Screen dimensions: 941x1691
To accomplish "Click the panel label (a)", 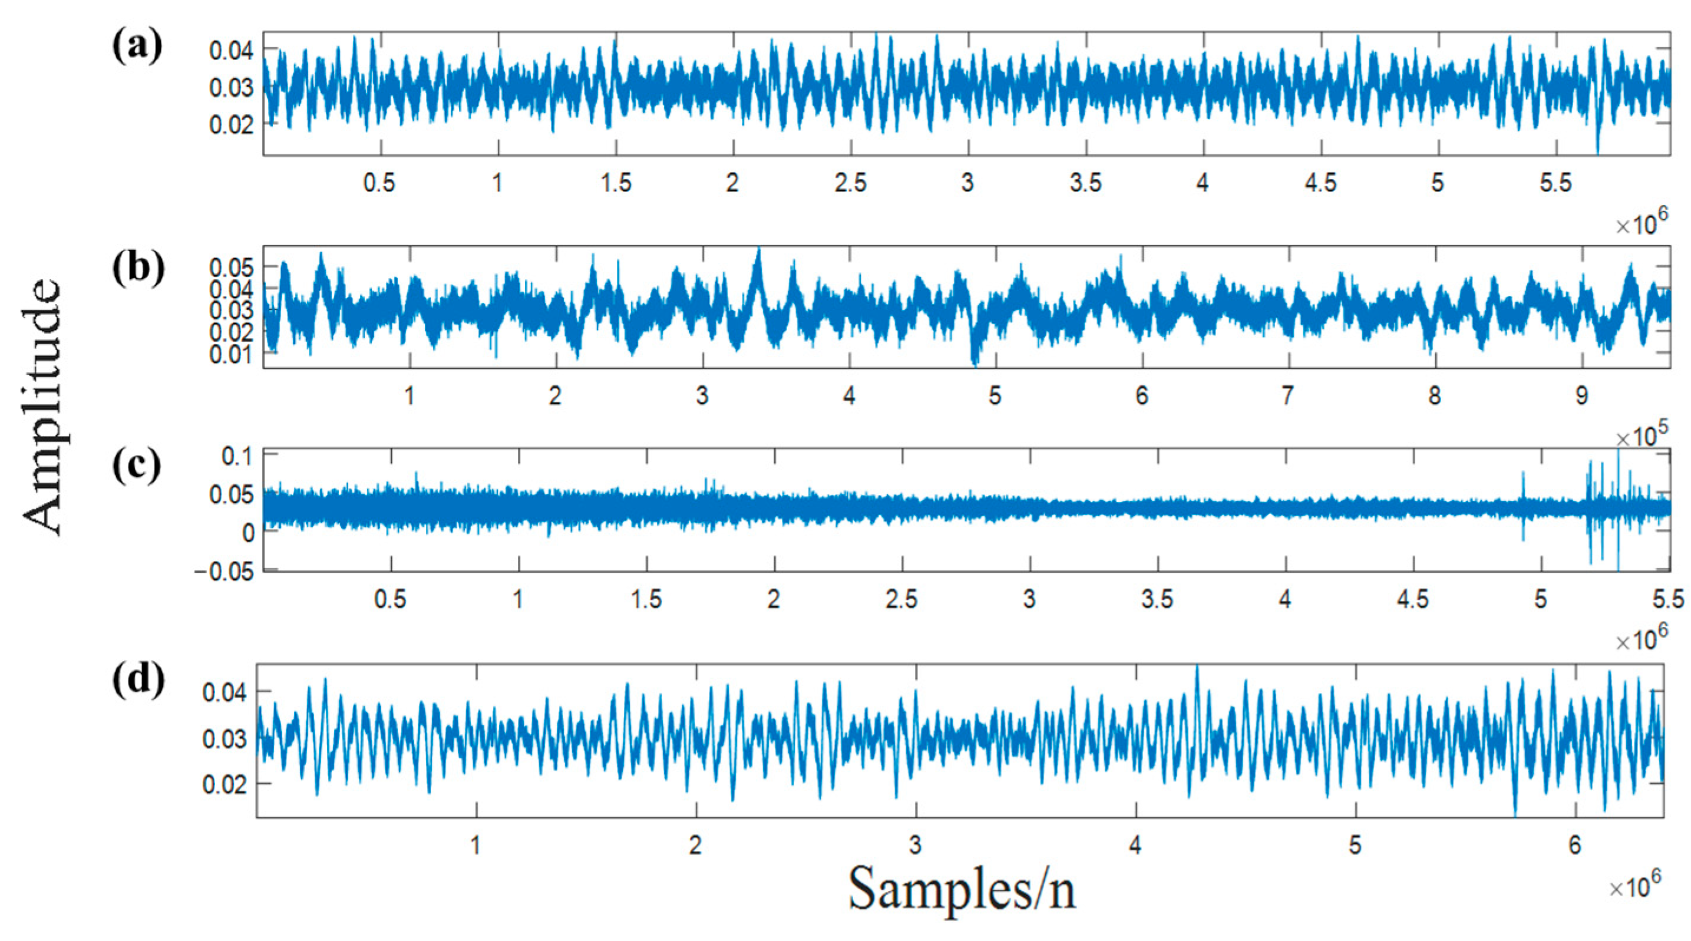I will click(137, 47).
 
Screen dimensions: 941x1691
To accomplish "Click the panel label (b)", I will click(138, 268).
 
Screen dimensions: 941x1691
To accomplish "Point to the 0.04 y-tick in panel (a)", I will click(231, 51).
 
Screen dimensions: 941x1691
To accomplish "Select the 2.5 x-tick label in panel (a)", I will click(851, 183).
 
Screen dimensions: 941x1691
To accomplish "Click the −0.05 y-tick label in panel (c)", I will click(223, 572).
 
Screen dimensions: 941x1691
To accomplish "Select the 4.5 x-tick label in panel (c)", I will click(1413, 599).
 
